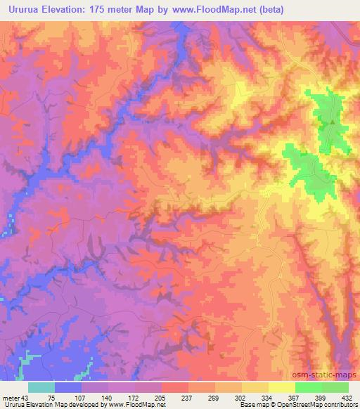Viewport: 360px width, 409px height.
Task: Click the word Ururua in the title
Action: pyautogui.click(x=22, y=9)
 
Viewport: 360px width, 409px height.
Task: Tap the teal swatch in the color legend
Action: pyautogui.click(x=41, y=387)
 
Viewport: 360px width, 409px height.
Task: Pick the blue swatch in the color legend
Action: pyautogui.click(x=68, y=387)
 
